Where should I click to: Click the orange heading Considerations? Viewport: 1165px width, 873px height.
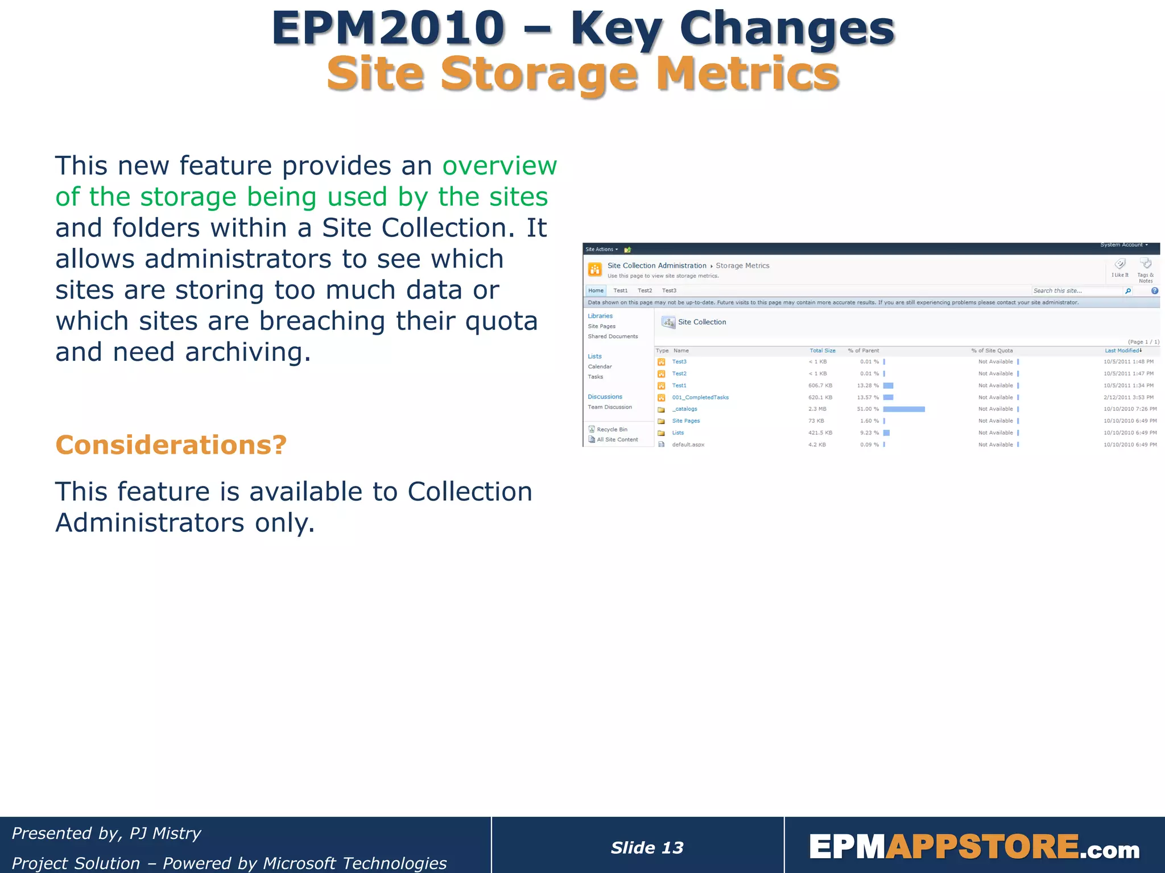(171, 445)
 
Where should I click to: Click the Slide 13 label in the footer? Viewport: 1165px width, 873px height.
(647, 847)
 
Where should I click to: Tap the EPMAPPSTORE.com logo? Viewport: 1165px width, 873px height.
(974, 847)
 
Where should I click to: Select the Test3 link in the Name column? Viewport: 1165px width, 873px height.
(679, 361)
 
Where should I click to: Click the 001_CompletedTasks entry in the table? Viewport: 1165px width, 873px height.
(700, 397)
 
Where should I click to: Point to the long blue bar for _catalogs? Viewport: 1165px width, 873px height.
(904, 409)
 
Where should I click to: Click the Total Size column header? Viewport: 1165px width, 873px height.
(823, 351)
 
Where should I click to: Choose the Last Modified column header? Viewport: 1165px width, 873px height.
(1122, 351)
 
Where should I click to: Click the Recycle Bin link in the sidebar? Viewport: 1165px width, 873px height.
(612, 430)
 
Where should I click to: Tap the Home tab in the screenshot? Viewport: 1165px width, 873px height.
(596, 290)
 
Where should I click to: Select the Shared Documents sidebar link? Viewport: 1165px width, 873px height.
(613, 336)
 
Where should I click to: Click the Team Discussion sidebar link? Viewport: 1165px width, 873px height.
(610, 407)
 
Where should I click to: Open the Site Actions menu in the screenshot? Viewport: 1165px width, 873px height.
(601, 250)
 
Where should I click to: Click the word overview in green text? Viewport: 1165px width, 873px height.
(499, 166)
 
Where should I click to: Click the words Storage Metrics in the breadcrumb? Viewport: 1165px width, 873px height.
(742, 265)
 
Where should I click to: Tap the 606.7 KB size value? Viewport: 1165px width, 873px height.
(820, 385)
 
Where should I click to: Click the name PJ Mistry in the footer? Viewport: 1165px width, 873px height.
(165, 833)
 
